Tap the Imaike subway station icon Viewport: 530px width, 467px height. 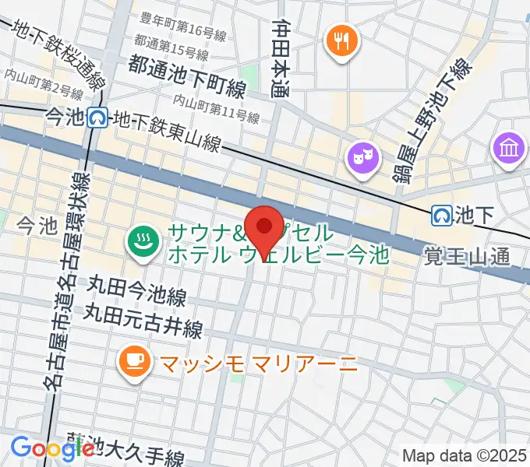point(97,118)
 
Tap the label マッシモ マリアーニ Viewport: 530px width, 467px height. point(257,362)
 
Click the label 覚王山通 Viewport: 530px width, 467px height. point(467,255)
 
